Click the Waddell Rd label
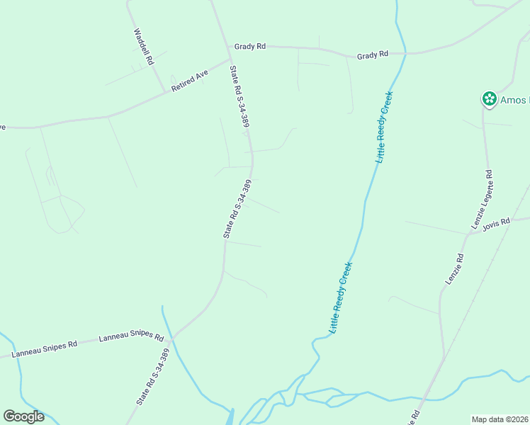point(144,47)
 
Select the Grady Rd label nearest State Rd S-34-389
point(252,46)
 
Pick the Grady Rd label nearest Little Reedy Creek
point(373,55)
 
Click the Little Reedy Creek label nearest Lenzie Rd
point(341,297)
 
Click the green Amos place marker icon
point(489,99)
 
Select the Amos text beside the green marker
point(514,100)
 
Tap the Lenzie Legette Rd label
point(482,199)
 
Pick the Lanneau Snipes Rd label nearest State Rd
point(131,336)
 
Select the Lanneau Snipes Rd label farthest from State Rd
point(44,348)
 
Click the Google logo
point(23,416)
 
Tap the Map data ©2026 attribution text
point(500,419)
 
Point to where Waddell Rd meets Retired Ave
point(166,91)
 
